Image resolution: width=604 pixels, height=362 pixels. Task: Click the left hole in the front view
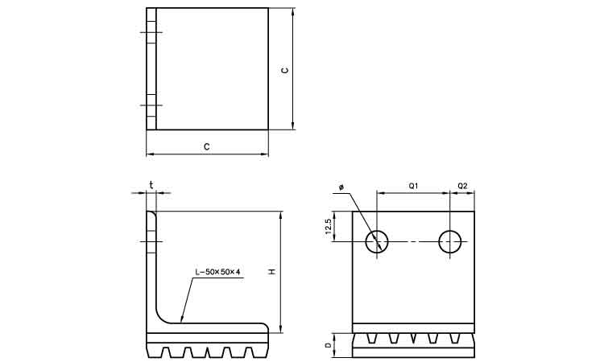[377, 241]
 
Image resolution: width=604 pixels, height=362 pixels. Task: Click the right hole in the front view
[450, 241]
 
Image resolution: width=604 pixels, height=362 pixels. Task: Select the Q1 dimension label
[413, 186]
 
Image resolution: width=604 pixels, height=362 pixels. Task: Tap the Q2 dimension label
[462, 186]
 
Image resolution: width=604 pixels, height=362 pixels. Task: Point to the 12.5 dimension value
[329, 226]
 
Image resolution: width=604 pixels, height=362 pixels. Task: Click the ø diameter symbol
[341, 187]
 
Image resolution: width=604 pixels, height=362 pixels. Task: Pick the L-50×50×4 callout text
[217, 272]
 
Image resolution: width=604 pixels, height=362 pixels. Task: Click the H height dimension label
[272, 272]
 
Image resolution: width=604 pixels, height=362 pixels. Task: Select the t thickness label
[151, 184]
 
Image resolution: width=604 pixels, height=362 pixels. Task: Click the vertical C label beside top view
[284, 70]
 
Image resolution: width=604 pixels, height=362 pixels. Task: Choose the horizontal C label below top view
[207, 146]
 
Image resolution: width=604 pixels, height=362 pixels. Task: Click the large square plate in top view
[212, 69]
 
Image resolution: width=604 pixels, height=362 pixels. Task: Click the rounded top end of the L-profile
[151, 213]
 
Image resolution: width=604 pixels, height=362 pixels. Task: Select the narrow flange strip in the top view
[151, 69]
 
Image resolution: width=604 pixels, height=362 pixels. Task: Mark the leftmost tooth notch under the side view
[168, 352]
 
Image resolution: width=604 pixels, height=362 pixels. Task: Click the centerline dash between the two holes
[413, 241]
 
